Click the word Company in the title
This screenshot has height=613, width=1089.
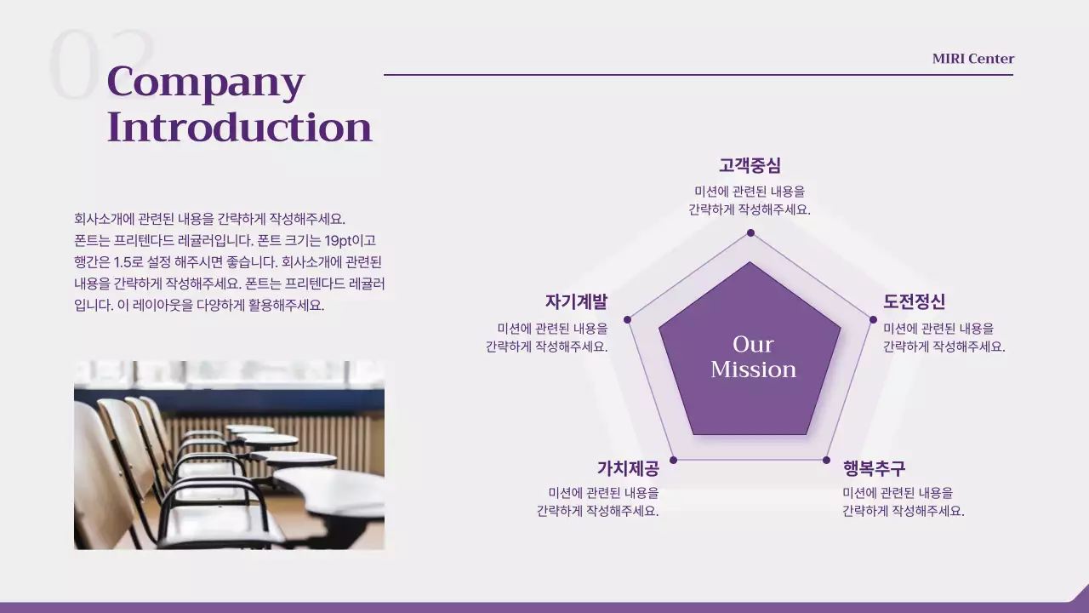(205, 83)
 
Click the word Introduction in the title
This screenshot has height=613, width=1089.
(239, 127)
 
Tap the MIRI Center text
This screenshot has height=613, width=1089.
(972, 59)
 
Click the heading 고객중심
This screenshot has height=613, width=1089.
(750, 165)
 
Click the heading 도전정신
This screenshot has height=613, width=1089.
(914, 301)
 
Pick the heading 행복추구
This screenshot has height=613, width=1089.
(874, 468)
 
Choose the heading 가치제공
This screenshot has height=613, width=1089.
(628, 468)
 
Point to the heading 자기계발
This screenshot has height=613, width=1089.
(576, 301)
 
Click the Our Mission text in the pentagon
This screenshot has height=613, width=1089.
(753, 357)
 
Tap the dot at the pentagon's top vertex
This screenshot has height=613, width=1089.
(750, 232)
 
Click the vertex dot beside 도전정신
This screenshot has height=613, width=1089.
(872, 319)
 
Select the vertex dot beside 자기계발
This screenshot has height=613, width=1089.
(628, 319)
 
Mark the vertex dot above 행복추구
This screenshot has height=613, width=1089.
(826, 460)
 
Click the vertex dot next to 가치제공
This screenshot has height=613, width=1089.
(673, 460)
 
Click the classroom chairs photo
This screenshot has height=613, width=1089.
(229, 455)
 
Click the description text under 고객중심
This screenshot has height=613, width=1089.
(750, 200)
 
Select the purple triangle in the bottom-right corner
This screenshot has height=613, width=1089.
(1079, 596)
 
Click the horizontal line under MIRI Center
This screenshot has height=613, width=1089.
(698, 75)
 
